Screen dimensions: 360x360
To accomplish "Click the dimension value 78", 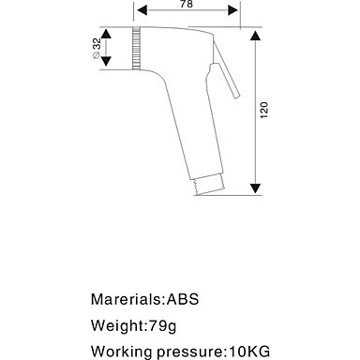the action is (x=187, y=4).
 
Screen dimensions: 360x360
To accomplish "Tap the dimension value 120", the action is (x=264, y=110).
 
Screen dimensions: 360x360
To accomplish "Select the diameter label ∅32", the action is (x=97, y=48).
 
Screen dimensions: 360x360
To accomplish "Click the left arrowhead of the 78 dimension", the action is (x=142, y=10).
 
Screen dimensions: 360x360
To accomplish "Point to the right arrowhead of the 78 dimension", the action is (x=232, y=10).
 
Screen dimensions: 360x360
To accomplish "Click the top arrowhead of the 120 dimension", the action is (x=256, y=36).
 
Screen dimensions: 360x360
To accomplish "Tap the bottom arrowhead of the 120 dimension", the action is (x=256, y=188).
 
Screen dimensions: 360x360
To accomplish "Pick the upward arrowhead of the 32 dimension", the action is (x=106, y=34).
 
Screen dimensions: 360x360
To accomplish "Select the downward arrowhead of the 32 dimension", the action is (x=106, y=61).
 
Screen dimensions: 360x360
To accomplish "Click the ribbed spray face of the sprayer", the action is (x=136, y=48).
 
